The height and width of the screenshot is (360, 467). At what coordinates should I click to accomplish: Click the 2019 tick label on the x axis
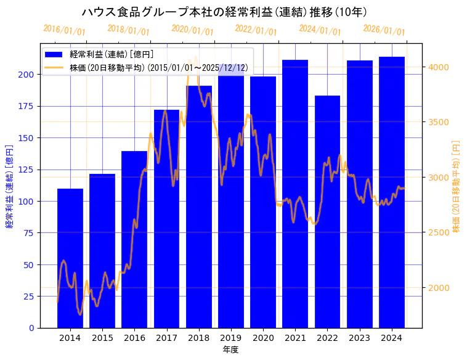(x=231, y=338)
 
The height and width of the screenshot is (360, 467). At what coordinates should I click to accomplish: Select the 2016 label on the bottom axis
(x=134, y=338)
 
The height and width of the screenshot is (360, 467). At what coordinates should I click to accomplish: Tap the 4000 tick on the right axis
(x=439, y=67)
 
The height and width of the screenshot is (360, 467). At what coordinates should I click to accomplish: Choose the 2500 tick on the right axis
(x=439, y=232)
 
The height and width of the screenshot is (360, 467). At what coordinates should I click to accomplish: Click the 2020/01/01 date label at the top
(x=193, y=30)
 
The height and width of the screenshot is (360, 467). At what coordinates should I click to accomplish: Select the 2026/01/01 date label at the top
(x=384, y=30)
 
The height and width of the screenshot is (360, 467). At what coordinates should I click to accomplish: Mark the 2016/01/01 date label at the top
(x=65, y=30)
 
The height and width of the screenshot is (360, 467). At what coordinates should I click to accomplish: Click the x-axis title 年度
(x=231, y=349)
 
